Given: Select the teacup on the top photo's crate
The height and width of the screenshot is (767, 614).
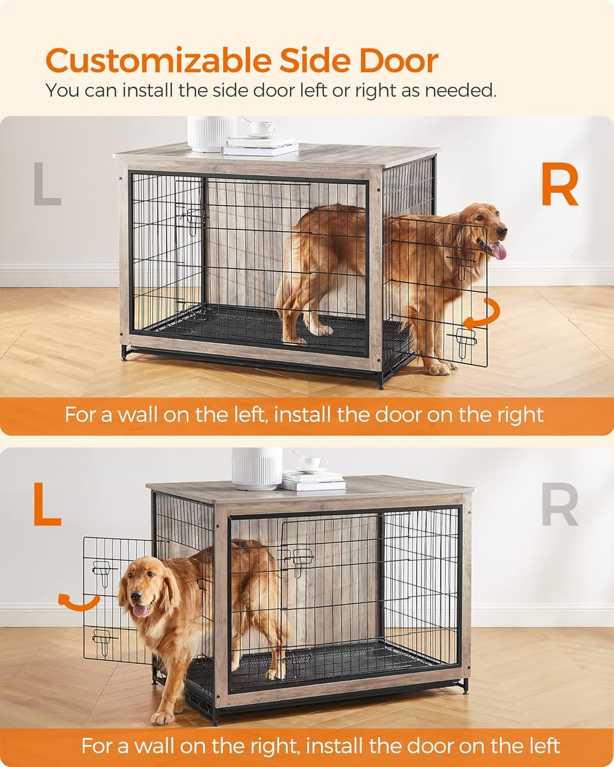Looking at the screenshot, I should coord(262,128).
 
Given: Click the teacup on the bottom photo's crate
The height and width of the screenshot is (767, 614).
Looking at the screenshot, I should coord(312,463).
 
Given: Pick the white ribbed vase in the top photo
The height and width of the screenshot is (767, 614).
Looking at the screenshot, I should coord(211,133).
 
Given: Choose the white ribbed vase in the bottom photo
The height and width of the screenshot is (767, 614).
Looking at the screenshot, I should coord(257,467).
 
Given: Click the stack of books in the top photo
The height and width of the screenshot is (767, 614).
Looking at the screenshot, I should coord(259,145).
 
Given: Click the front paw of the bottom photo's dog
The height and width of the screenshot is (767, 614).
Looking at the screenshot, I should coord(162,717).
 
